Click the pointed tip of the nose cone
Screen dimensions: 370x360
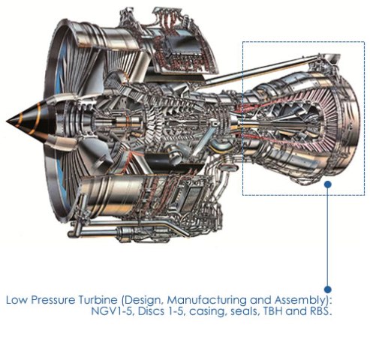pos(7,121)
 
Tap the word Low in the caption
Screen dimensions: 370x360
pos(17,300)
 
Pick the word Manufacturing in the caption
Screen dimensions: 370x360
pos(206,301)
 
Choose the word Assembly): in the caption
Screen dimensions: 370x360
pos(304,301)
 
